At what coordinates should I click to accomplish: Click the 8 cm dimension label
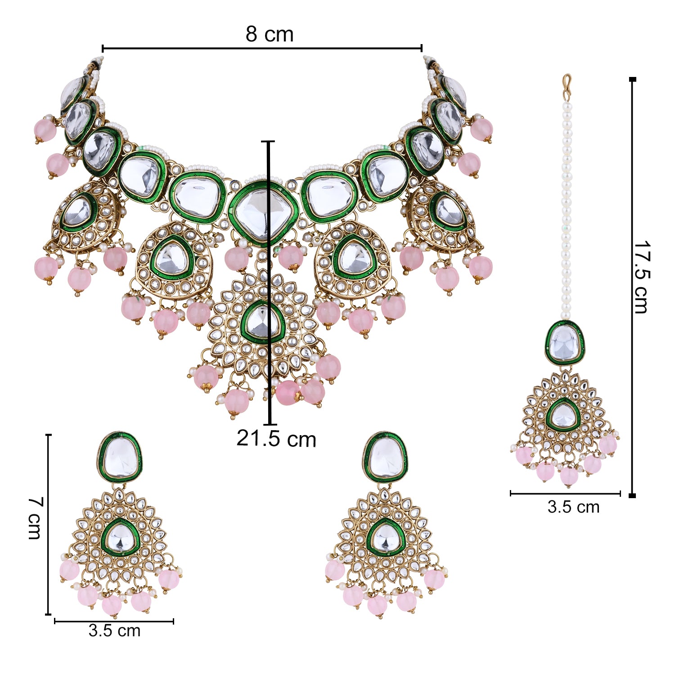pos(270,34)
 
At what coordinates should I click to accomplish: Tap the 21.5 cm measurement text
pos(276,439)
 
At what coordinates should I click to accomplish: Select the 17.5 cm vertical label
pos(641,277)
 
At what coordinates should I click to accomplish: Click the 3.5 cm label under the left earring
pos(114,630)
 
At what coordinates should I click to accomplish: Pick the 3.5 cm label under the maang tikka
pos(573,507)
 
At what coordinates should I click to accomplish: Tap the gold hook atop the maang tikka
pos(567,84)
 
